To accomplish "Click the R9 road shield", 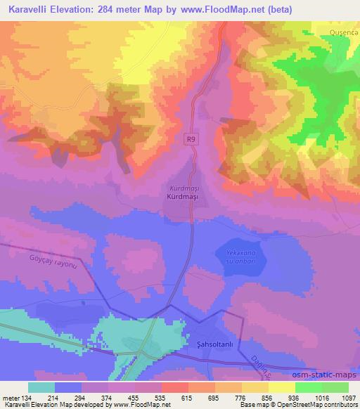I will point(191,139).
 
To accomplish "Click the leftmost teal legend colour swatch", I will point(41,387).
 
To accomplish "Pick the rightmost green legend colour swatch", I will point(335,387).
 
